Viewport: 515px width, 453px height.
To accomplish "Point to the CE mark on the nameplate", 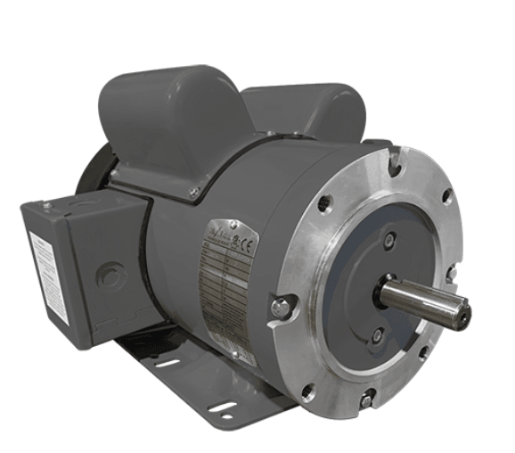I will pos(245,240).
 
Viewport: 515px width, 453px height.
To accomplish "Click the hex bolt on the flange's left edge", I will pos(281,308).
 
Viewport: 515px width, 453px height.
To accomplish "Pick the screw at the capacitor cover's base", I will pos(193,193).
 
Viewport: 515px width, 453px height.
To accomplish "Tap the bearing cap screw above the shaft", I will pos(389,239).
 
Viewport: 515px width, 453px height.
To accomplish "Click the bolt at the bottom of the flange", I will pos(366,402).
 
